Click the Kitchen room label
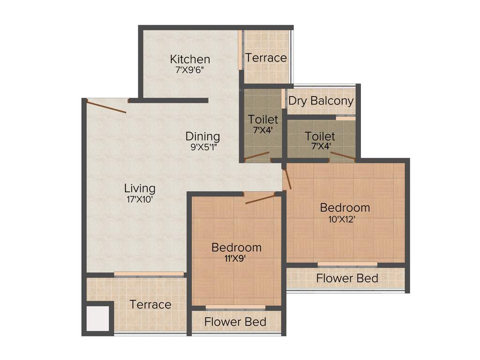pos(190,60)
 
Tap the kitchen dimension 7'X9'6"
pos(190,70)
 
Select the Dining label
pos(202,136)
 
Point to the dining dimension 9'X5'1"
pos(202,146)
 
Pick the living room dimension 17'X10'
pos(140,199)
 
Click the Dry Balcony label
pos(321,101)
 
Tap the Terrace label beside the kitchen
pos(266,58)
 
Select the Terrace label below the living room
pos(150,305)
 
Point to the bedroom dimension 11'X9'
pos(236,258)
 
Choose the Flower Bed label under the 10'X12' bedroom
pos(347,278)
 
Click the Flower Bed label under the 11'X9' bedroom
pos(235,322)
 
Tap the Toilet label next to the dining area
pos(263,120)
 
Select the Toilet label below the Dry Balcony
pos(320,136)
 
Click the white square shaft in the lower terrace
pos(98,318)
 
